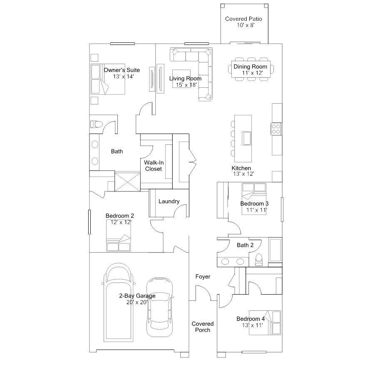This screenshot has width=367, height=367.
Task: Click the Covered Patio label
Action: point(243,19)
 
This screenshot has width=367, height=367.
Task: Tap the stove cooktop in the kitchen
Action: point(276,129)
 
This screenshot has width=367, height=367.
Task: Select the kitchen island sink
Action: point(246,139)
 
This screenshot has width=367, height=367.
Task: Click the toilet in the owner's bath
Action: point(96,124)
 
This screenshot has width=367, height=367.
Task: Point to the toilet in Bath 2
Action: point(259,260)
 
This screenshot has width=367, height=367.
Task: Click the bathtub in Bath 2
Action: point(275,250)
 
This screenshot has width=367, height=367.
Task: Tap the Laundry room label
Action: point(169,201)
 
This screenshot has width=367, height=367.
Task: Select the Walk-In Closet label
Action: point(154,166)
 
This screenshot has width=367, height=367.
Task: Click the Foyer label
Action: point(203,277)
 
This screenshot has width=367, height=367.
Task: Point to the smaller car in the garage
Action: point(160,307)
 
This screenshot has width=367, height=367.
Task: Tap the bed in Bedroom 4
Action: point(265,322)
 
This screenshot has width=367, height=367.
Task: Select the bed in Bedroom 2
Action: point(119,236)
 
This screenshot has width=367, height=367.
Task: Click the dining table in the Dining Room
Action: point(251,69)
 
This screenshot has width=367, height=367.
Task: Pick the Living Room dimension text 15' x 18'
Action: point(186,85)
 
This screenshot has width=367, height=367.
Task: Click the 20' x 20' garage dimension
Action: point(137,302)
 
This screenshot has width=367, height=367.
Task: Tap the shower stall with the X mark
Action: point(128,182)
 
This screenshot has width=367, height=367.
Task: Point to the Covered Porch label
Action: point(203,327)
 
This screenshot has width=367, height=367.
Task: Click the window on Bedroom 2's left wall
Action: point(89,222)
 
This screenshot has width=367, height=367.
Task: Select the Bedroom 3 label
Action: point(254,203)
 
